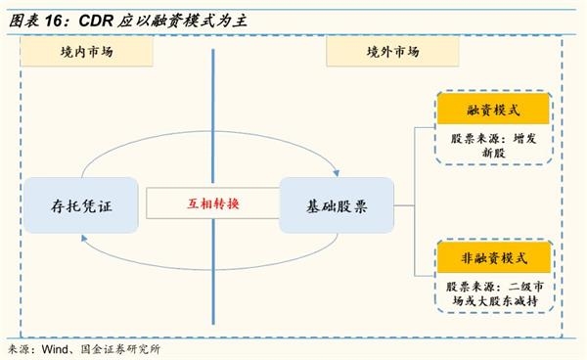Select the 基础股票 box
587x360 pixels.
pos(336,205)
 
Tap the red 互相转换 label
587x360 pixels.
pos(212,205)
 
